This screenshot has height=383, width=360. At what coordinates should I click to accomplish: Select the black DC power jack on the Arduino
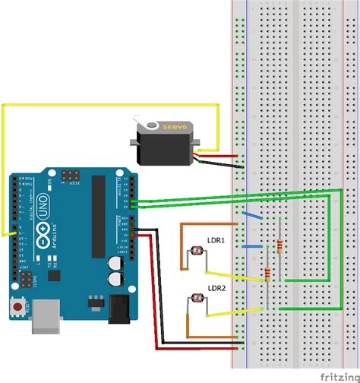point(120,308)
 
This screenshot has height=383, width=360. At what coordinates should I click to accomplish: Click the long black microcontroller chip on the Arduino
point(98,217)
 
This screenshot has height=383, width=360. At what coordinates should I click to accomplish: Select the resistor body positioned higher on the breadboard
point(283,245)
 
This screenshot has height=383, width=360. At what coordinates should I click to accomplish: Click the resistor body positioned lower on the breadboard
point(268,275)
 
